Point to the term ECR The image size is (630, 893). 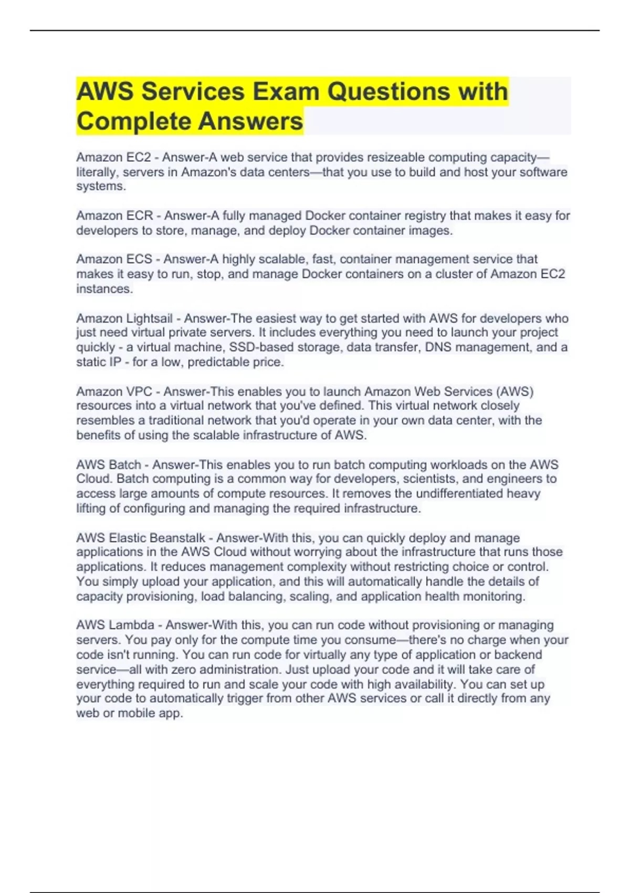click(139, 216)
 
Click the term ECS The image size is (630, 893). click(139, 259)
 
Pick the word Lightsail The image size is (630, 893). click(149, 319)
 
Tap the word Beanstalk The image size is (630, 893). click(178, 538)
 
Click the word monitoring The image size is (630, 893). click(494, 597)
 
